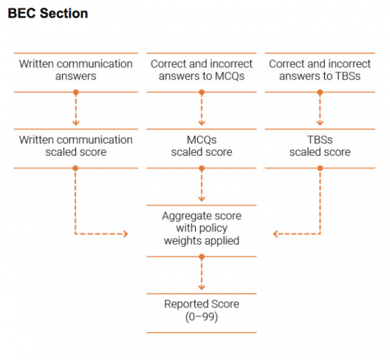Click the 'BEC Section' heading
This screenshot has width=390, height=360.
click(x=47, y=14)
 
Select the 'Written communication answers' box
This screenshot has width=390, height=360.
click(x=75, y=70)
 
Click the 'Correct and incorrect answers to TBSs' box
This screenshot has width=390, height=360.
click(x=320, y=70)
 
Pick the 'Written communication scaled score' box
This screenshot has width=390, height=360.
click(x=75, y=146)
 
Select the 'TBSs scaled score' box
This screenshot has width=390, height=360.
click(x=320, y=146)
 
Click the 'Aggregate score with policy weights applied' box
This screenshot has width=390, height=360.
click(x=202, y=228)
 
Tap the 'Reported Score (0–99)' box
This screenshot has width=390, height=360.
click(x=202, y=310)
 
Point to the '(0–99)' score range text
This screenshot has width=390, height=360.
click(x=202, y=316)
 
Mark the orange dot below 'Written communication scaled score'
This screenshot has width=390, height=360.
click(x=75, y=168)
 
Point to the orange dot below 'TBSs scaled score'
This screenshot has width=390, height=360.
click(x=320, y=168)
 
